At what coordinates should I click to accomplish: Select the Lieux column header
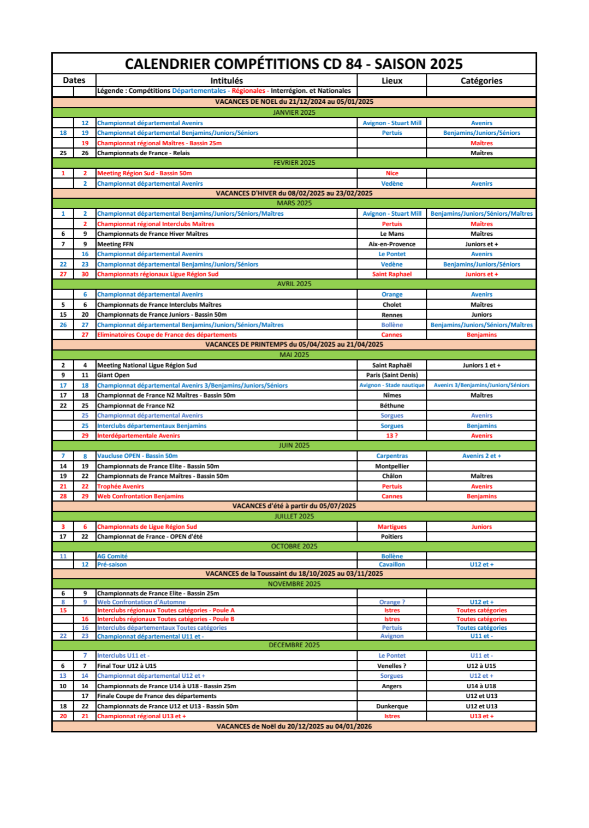pyautogui.click(x=391, y=81)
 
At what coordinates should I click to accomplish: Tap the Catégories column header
pyautogui.click(x=481, y=81)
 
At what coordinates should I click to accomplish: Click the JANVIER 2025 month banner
pyautogui.click(x=294, y=113)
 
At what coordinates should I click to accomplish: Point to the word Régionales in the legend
pyautogui.click(x=248, y=91)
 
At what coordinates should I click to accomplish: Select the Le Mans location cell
pyautogui.click(x=391, y=234)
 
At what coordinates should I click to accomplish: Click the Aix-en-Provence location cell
pyautogui.click(x=391, y=244)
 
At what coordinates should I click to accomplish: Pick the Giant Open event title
pyautogui.click(x=114, y=375)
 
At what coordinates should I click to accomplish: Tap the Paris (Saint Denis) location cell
pyautogui.click(x=391, y=375)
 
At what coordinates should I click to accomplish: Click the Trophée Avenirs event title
pyautogui.click(x=121, y=487)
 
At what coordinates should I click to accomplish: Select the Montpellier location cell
pyautogui.click(x=391, y=466)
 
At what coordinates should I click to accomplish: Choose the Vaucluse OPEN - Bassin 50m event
pyautogui.click(x=137, y=456)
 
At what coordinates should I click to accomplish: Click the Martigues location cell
pyautogui.click(x=391, y=527)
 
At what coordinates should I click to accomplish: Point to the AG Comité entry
pyautogui.click(x=112, y=557)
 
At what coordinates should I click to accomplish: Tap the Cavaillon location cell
pyautogui.click(x=391, y=565)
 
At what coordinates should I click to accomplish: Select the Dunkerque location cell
pyautogui.click(x=391, y=706)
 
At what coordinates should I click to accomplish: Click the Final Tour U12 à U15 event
pyautogui.click(x=127, y=666)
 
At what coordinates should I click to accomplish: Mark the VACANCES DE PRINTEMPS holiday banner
pyautogui.click(x=294, y=345)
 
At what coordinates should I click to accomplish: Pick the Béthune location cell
pyautogui.click(x=391, y=406)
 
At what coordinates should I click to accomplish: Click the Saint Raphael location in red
pyautogui.click(x=391, y=274)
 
